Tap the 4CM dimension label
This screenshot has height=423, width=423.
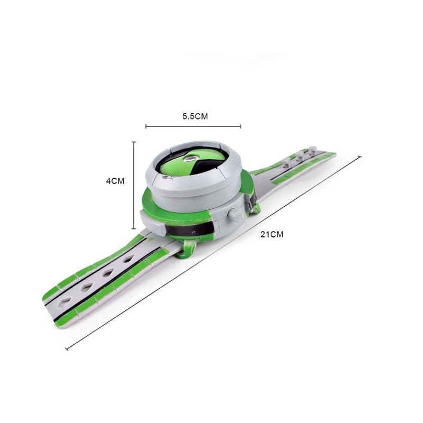pos(115,181)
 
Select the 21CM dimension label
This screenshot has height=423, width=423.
pos(272,234)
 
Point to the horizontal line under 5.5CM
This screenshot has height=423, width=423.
pos(194,126)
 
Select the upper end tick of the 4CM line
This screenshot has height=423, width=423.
pos(134,141)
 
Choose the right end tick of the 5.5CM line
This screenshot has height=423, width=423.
pos(241,126)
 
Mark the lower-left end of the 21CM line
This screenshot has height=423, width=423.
pos(67,349)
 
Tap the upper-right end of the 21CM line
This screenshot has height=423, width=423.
pos(360,157)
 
